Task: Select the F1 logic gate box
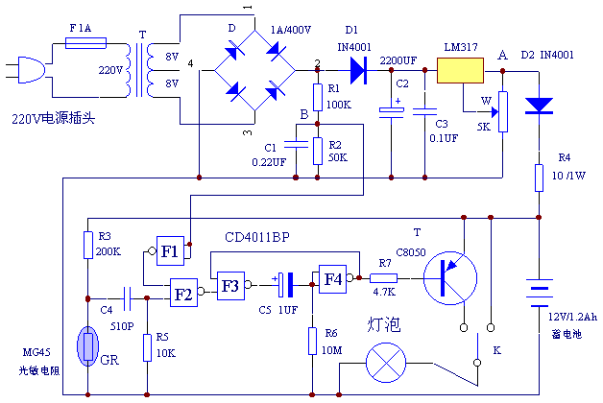(x=169, y=251)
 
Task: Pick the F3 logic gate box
(x=229, y=285)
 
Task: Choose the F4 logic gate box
(x=332, y=279)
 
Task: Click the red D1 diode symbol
(x=359, y=69)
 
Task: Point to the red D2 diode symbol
(x=540, y=104)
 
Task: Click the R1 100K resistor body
(x=317, y=97)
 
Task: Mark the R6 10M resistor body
(x=312, y=340)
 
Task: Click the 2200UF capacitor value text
(x=397, y=60)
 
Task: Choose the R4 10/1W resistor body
(x=540, y=178)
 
